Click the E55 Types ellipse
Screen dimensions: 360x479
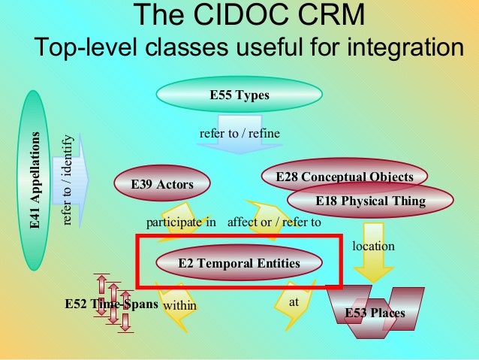(x=239, y=96)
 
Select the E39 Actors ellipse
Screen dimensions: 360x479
(x=161, y=184)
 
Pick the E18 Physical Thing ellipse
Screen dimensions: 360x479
(x=370, y=201)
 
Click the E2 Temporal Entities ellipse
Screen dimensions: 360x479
(x=239, y=263)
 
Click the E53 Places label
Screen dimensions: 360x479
(x=375, y=313)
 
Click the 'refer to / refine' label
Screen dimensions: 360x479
(x=239, y=133)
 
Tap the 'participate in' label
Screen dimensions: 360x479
(x=181, y=222)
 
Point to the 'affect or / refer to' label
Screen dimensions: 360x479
(x=274, y=222)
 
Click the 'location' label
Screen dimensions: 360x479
(x=373, y=246)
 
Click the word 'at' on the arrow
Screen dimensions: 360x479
(x=294, y=301)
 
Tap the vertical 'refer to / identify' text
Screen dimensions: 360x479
(x=68, y=180)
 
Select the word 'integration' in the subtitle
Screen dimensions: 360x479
(x=388, y=47)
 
